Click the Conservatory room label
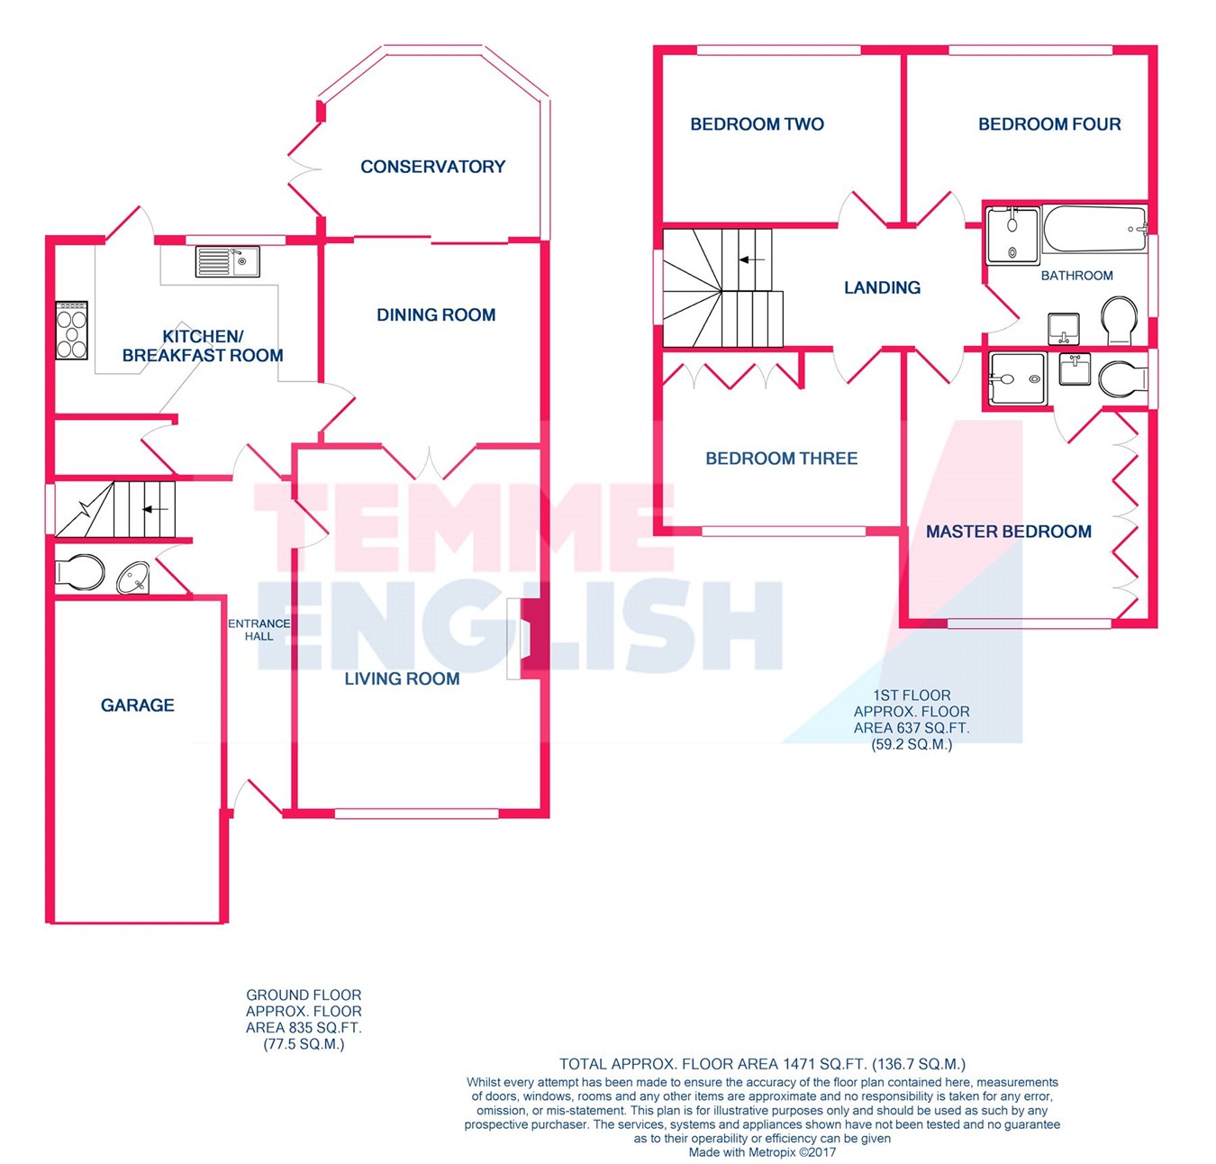click(x=432, y=167)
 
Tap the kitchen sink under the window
click(x=228, y=261)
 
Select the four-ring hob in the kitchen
click(x=71, y=330)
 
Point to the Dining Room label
click(x=436, y=315)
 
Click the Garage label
click(x=138, y=705)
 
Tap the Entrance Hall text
click(x=259, y=630)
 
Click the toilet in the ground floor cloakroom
click(x=80, y=572)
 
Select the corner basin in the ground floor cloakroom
click(x=133, y=577)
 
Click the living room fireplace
click(x=528, y=639)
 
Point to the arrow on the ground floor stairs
click(x=156, y=510)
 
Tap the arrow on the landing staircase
click(x=752, y=259)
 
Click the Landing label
click(x=883, y=287)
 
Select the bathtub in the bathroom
click(x=1094, y=230)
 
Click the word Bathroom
click(x=1076, y=276)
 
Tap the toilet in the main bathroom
click(x=1120, y=321)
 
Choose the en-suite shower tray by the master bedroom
click(x=1017, y=378)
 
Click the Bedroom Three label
click(x=781, y=459)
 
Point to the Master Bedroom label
click(x=1009, y=532)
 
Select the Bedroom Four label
click(x=1049, y=124)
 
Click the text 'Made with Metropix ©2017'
click(x=762, y=1152)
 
